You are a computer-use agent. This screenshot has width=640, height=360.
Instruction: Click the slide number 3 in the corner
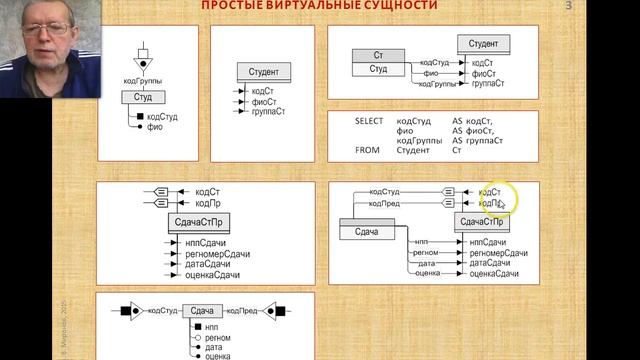click(x=569, y=6)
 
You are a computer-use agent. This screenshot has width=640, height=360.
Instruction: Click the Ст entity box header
click(x=379, y=54)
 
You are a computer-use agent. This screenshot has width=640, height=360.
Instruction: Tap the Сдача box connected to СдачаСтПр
click(x=367, y=231)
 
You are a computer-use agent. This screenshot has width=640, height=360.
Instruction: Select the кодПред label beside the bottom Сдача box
click(x=244, y=311)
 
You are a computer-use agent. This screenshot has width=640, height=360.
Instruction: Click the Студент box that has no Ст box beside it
click(x=264, y=72)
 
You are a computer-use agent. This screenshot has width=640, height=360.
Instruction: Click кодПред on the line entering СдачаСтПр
click(x=385, y=201)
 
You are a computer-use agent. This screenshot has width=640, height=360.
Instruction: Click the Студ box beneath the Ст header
click(x=379, y=69)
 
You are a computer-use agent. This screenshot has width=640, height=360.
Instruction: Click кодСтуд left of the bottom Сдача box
click(x=162, y=311)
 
